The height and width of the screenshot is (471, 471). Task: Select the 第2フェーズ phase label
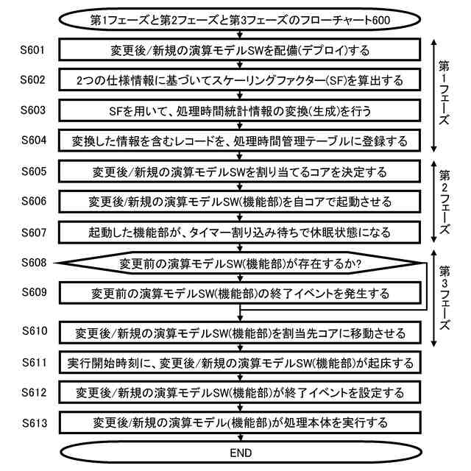tap(445, 202)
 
